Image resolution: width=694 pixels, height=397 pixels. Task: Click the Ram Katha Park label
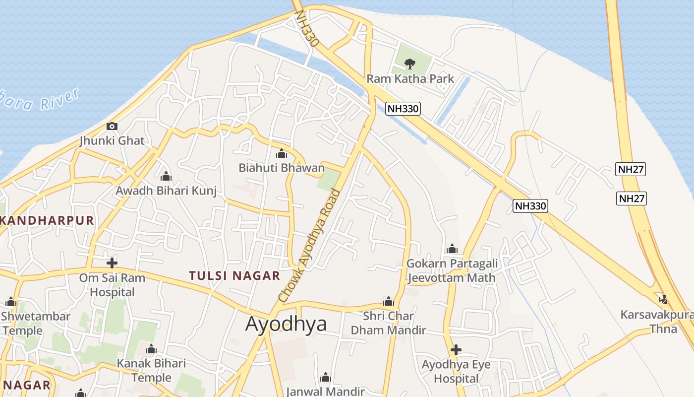[x=410, y=78]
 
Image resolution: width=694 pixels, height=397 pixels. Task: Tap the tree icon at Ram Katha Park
[x=409, y=63]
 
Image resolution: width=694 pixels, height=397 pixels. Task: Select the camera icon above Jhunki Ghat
[x=112, y=126]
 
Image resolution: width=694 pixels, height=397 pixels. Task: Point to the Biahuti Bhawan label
[x=282, y=168]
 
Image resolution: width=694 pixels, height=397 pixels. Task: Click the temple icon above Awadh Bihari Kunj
[x=166, y=176]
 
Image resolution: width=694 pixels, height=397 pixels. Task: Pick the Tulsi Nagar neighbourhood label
[x=234, y=276]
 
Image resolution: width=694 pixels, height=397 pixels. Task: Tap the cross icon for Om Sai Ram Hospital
[x=112, y=263]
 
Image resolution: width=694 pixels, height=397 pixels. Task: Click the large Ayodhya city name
[x=286, y=324]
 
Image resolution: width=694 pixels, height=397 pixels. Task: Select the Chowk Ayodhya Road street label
[x=310, y=245]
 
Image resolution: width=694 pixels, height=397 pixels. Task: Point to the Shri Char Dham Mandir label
[x=388, y=323]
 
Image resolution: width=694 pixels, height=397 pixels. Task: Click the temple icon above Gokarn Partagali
[x=452, y=249]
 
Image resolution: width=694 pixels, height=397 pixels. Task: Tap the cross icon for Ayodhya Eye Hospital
[x=456, y=350]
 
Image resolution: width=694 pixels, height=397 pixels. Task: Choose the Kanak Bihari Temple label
[x=151, y=370]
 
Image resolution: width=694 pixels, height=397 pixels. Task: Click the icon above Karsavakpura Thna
[x=663, y=299]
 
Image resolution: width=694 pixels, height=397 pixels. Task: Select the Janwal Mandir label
[x=325, y=392]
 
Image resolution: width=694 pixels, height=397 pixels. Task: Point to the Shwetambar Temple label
[x=36, y=323]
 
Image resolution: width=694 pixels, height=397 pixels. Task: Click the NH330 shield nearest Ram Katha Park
[x=403, y=109]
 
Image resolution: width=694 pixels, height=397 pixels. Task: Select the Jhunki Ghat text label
[x=112, y=140]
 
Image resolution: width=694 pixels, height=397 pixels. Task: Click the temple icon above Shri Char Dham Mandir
[x=389, y=301]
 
